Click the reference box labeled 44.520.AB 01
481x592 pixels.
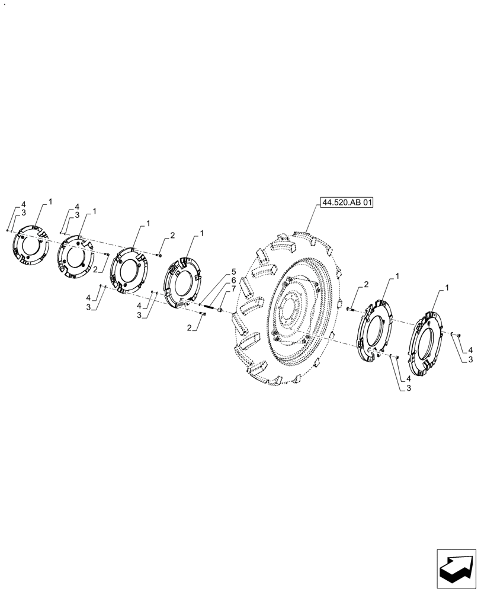(348, 202)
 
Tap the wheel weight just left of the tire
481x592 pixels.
(181, 282)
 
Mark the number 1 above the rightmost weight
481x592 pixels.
(447, 288)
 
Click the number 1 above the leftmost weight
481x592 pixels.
(50, 202)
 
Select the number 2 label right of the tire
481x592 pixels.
(367, 285)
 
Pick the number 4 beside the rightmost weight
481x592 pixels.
(470, 350)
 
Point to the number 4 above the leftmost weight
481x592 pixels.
(23, 204)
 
